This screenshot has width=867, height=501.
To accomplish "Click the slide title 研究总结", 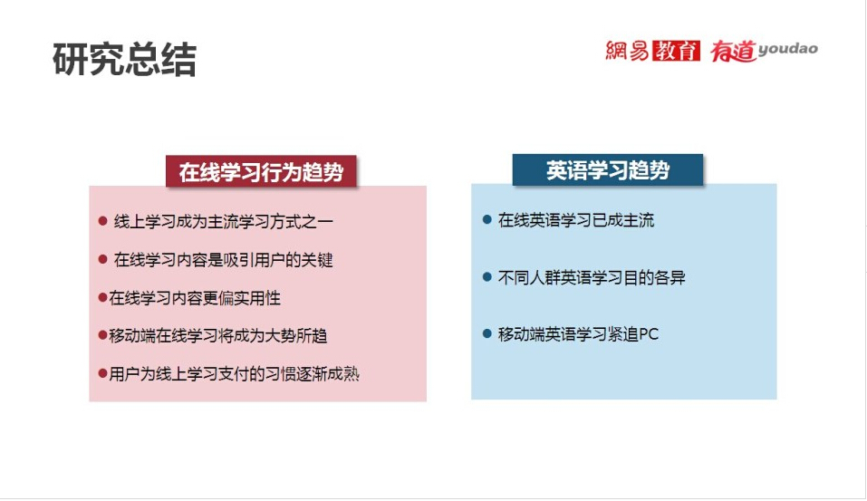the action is [x=124, y=59].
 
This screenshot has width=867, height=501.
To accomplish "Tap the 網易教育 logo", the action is [x=652, y=51].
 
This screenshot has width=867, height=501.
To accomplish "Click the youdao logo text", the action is [x=787, y=49].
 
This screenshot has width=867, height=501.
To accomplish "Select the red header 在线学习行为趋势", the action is [x=261, y=171].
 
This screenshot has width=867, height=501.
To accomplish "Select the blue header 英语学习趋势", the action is [x=608, y=169].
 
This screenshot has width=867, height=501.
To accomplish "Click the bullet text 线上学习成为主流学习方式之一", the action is [x=224, y=222].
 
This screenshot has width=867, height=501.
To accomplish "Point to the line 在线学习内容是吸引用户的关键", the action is [x=224, y=259].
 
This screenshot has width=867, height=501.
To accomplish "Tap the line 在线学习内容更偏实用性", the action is [x=195, y=298].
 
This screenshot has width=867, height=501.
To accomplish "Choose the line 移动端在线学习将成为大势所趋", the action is [x=217, y=335].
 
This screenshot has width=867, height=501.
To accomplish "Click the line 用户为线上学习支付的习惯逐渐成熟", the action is [x=234, y=374].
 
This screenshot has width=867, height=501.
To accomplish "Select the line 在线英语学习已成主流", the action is [x=576, y=220].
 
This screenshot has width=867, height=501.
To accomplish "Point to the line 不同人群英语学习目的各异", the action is [x=592, y=277].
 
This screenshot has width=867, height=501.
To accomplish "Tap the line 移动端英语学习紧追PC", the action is [x=578, y=334].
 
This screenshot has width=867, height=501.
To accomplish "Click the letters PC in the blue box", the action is [x=649, y=334].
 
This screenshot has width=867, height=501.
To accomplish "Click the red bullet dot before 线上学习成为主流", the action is [x=102, y=221].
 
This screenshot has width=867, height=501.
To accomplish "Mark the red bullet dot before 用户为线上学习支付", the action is [x=102, y=374].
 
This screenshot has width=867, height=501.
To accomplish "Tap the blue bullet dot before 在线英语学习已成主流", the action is [x=487, y=219].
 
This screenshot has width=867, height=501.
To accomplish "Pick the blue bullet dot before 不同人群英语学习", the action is [x=487, y=276].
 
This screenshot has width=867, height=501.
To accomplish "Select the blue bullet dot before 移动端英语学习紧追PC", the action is [x=487, y=333].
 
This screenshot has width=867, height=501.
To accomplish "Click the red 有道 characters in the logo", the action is [x=733, y=51].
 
